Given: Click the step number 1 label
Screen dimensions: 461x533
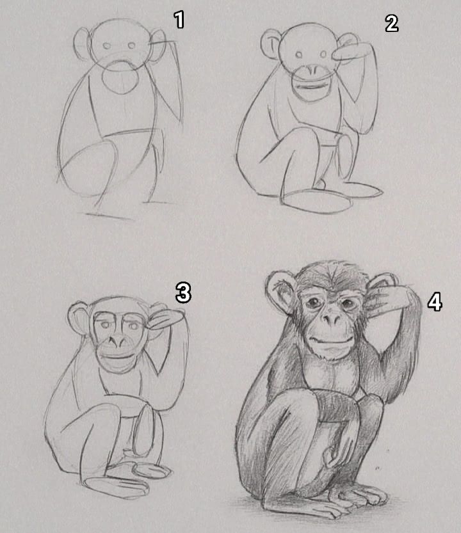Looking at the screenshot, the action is [x=179, y=19].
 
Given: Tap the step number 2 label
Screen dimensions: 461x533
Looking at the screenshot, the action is [x=392, y=24].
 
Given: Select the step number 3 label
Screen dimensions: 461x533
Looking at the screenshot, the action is [x=183, y=292].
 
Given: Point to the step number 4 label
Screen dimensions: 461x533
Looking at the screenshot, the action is [x=435, y=302].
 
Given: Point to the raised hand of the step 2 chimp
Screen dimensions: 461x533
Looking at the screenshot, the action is [x=350, y=53].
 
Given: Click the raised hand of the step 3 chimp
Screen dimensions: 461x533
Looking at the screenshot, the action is [x=165, y=320].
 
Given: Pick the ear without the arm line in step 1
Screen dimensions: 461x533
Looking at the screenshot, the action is [x=83, y=44].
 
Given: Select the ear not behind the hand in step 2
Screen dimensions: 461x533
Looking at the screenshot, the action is [x=271, y=45].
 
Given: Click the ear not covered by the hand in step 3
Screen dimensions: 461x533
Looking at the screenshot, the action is [x=79, y=317].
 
